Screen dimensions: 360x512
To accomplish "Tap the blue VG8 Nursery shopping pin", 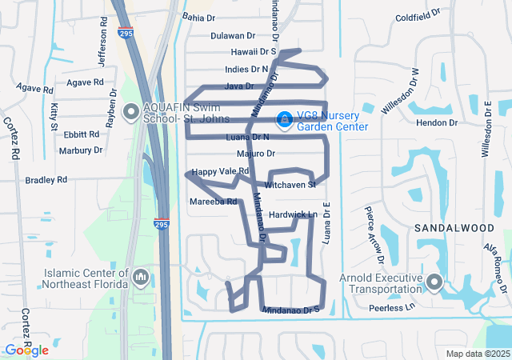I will [x=284, y=120].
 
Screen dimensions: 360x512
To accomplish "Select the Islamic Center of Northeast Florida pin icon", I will [x=141, y=278].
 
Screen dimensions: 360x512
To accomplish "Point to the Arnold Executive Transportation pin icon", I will [x=434, y=282].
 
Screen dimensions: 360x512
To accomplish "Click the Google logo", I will [x=26, y=350].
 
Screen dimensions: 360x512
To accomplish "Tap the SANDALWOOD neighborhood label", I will [x=454, y=228].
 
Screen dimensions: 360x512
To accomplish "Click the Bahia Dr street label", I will [x=199, y=17].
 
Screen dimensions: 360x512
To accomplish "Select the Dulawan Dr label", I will [x=232, y=35].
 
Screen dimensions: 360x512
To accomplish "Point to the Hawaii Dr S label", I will [x=249, y=51].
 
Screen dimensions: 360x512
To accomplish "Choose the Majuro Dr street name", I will [x=256, y=153].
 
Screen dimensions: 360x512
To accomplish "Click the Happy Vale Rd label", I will [x=221, y=171].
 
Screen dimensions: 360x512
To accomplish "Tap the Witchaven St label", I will [x=291, y=184].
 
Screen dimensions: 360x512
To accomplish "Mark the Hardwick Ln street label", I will [x=293, y=214].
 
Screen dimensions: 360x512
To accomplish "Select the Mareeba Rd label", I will [x=214, y=202].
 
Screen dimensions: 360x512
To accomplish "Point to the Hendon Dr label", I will [x=437, y=122].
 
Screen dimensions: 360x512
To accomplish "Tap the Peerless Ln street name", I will [x=392, y=307].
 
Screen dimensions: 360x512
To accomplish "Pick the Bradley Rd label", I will [x=46, y=180].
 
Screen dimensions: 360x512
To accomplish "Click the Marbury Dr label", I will [x=81, y=150].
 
